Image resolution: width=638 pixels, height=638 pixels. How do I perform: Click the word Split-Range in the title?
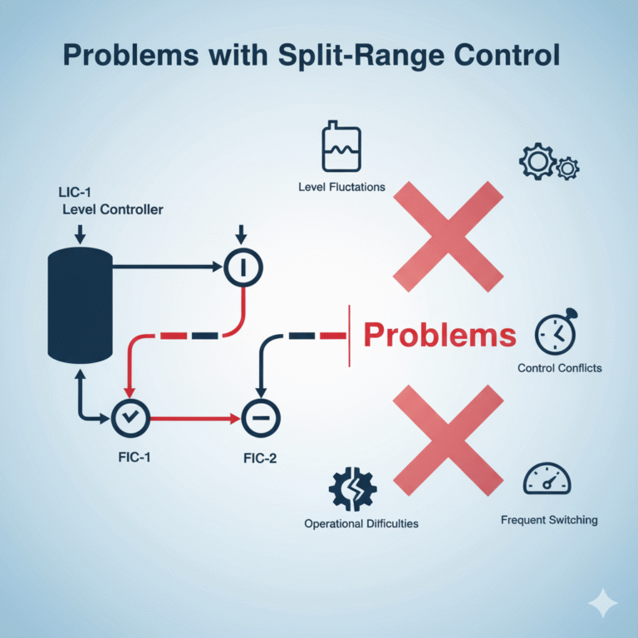coord(362,56)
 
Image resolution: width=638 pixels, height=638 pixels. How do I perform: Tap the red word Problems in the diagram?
coord(440,335)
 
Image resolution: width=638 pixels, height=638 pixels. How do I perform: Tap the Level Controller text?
coord(113,209)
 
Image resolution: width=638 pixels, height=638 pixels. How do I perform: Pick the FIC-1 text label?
coord(130,458)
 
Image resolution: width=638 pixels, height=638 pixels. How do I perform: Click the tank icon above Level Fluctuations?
coord(341,150)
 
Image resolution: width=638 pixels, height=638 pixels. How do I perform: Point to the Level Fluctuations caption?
coord(341,187)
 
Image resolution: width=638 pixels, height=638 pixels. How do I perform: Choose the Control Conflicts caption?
coord(560,367)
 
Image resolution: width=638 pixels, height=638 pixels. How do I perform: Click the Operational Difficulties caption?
coord(361,524)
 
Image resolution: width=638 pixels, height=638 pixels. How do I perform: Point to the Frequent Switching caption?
coord(549,520)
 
